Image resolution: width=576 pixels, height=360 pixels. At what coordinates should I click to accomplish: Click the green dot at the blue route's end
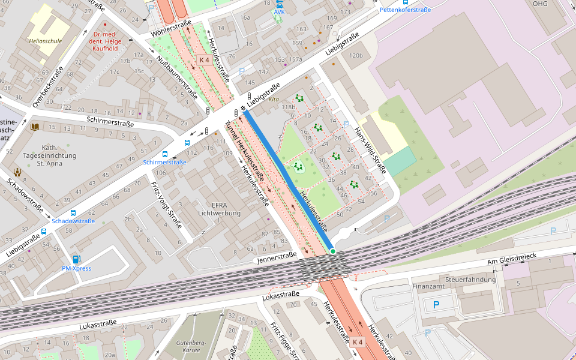click(x=332, y=251)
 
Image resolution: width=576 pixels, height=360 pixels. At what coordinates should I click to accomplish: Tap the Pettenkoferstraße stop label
click(x=405, y=10)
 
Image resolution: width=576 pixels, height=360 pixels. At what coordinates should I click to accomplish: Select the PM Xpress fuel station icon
click(x=76, y=259)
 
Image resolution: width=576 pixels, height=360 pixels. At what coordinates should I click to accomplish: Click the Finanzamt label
click(x=428, y=286)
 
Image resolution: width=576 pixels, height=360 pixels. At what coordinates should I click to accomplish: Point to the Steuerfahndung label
click(x=470, y=279)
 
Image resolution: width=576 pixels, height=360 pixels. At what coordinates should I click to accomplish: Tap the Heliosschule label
click(x=45, y=41)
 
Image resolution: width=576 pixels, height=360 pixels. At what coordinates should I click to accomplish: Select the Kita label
click(x=274, y=100)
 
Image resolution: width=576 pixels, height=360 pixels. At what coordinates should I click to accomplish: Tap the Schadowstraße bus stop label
click(x=73, y=221)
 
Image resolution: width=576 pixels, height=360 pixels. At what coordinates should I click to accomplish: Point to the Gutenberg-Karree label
click(x=191, y=345)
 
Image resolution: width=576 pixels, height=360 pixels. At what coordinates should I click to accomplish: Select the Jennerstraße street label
click(x=276, y=258)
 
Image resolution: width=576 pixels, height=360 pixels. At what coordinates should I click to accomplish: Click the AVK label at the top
click(x=280, y=12)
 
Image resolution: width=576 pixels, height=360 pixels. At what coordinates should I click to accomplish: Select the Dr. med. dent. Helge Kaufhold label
click(x=106, y=41)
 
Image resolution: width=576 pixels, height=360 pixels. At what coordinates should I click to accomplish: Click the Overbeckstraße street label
click(x=48, y=88)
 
